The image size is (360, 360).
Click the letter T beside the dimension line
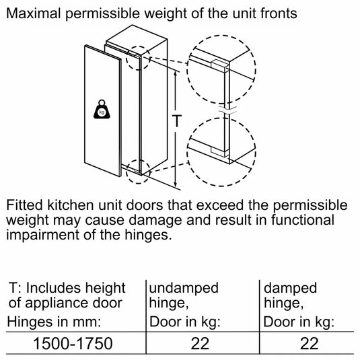(176, 122)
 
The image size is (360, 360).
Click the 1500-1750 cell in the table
(73, 343)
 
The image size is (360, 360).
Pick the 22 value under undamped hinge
(200, 343)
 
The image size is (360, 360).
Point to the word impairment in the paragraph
(51, 236)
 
